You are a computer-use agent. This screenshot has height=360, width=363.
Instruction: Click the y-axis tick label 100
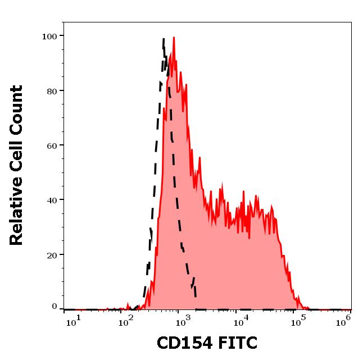click(49, 36)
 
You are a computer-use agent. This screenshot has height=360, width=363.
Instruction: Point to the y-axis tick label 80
click(52, 90)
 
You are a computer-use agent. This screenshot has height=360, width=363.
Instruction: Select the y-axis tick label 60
click(52, 145)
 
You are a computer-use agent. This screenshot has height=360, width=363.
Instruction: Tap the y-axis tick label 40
click(52, 200)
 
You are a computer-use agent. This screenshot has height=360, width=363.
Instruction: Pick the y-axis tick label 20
click(52, 254)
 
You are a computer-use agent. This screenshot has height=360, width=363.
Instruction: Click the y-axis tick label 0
click(54, 307)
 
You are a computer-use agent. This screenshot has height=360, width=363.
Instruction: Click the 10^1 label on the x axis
click(74, 320)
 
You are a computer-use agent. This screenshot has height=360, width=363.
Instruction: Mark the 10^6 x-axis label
click(343, 320)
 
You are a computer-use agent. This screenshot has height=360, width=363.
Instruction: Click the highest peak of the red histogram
click(174, 38)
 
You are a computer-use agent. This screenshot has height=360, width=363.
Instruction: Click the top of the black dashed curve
click(164, 39)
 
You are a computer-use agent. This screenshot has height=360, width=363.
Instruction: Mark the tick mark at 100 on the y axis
click(61, 36)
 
